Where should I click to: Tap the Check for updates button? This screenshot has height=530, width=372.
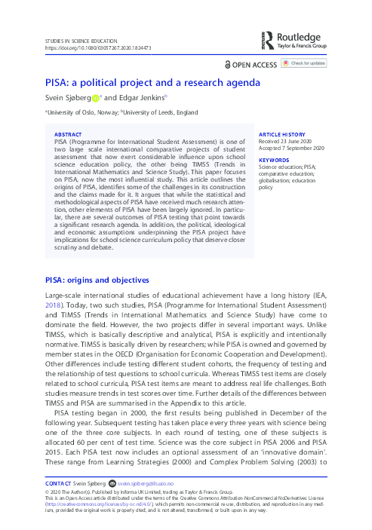[308, 64]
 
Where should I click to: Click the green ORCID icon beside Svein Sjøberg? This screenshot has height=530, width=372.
[96, 97]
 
